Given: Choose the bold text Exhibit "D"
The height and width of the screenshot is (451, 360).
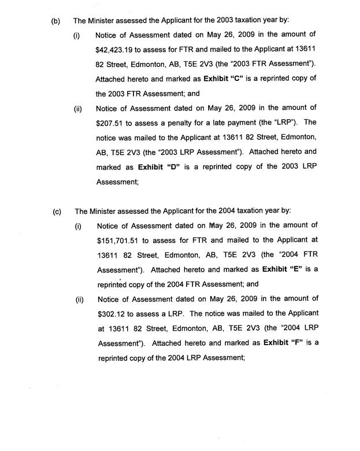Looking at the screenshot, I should coord(159,167).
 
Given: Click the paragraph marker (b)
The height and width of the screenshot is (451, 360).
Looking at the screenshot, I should coord(55,21).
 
